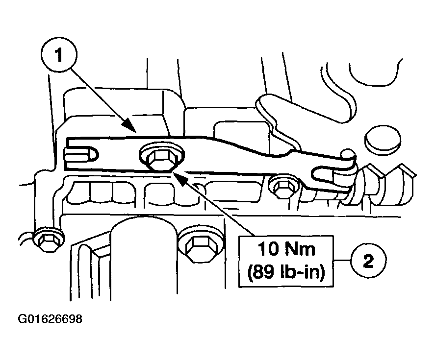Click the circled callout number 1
(58, 57)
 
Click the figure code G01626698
(50, 319)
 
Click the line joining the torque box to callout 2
(342, 260)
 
